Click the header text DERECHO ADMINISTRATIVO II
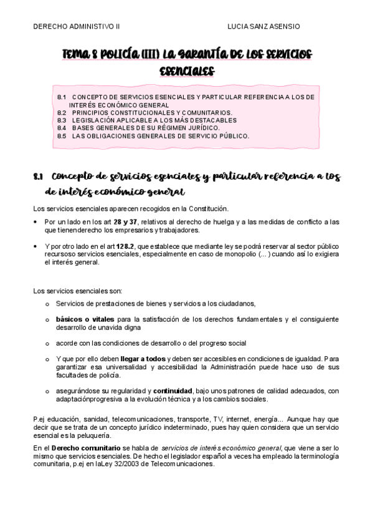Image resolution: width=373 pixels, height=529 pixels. (76, 27)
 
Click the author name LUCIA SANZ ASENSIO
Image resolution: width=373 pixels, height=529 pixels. (264, 27)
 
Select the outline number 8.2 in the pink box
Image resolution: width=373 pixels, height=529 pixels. (62, 113)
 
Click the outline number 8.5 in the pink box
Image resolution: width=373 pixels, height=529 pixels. (62, 135)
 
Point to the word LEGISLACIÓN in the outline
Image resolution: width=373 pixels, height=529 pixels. (93, 120)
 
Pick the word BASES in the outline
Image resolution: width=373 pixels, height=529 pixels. (83, 128)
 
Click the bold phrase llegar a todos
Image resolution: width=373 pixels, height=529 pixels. (143, 359)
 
